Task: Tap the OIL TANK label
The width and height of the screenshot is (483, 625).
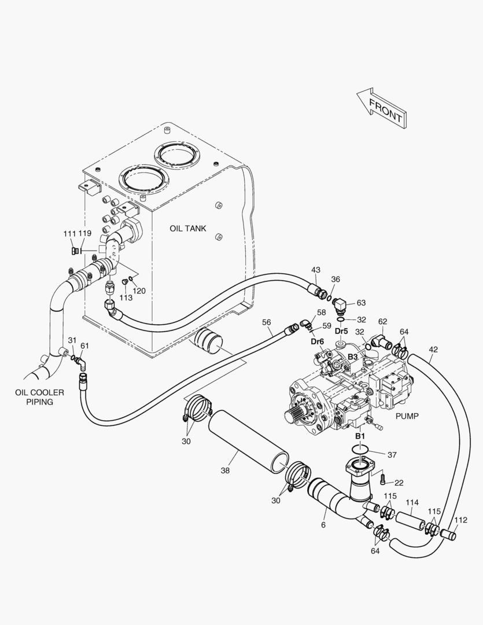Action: coord(187,229)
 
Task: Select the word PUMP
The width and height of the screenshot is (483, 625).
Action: coord(407,416)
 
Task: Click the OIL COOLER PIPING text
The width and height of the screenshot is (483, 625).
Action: coord(39,397)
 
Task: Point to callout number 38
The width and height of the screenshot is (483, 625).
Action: coord(225,470)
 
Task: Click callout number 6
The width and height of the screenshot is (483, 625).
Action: coord(323,525)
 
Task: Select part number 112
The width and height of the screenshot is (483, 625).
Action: coord(460,520)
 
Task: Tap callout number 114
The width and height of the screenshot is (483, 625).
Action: coord(412,502)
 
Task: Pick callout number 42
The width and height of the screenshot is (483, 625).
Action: coord(433,349)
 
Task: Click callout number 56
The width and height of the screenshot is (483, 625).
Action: coord(267,322)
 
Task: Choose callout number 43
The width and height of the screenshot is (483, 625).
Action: coord(315,270)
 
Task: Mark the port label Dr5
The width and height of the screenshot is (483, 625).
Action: coord(341,332)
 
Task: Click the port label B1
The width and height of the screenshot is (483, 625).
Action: coord(360,435)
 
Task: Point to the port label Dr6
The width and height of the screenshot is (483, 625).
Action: coord(317,341)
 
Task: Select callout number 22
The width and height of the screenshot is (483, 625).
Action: coord(399,483)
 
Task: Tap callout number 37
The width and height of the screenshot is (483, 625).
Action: coord(392,455)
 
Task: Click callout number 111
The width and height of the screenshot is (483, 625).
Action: coord(69,233)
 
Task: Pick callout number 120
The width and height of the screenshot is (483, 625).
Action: coord(139,291)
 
